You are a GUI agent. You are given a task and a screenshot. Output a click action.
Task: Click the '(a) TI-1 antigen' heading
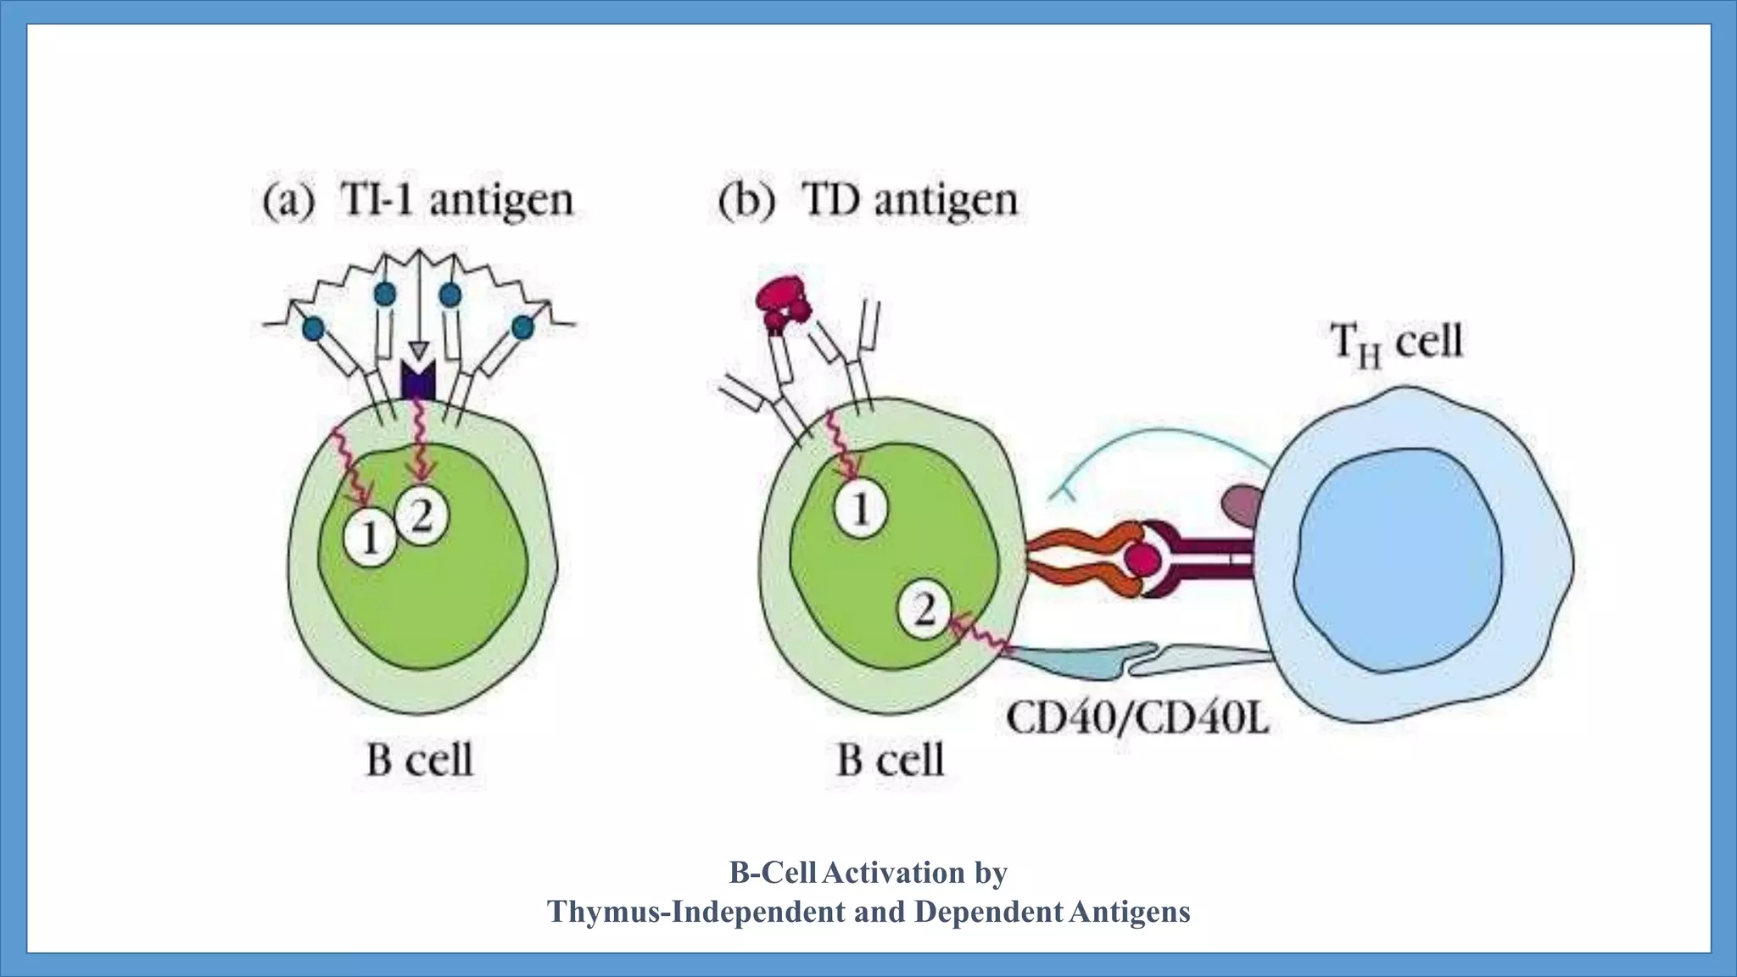tap(418, 202)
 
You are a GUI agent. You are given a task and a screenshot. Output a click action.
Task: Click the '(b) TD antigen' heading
tap(867, 202)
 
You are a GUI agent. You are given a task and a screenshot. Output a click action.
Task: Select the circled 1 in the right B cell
tap(860, 510)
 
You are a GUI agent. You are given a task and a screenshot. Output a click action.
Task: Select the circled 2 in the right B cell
tap(924, 609)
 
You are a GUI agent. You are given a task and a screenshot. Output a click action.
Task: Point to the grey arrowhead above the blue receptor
tap(417, 350)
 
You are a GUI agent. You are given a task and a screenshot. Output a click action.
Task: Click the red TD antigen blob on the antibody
tap(782, 304)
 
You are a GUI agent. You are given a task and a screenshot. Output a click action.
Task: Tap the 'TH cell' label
tap(1396, 343)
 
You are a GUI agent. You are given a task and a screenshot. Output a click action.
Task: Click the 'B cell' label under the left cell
tap(419, 759)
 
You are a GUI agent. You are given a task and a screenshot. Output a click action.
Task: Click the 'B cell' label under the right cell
tap(890, 759)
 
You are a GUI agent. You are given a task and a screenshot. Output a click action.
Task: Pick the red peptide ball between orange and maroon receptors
tap(1141, 560)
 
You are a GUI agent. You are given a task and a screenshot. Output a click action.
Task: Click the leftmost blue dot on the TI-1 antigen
tap(314, 327)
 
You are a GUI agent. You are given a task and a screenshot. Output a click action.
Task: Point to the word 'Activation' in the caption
tap(893, 872)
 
